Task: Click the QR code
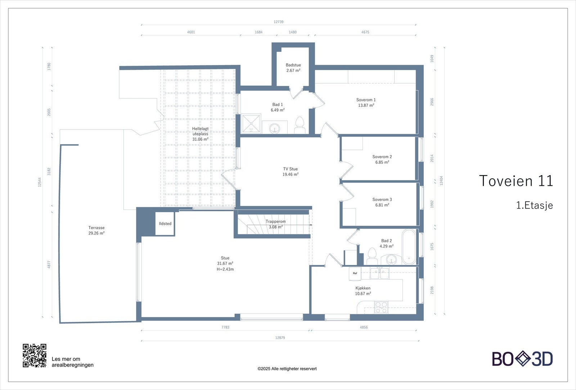(35, 355)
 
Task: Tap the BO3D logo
(522, 359)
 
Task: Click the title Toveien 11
(516, 181)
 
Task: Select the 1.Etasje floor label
(534, 205)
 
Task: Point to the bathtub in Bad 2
(409, 247)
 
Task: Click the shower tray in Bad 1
(251, 124)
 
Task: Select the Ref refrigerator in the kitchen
(355, 274)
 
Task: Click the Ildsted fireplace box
(165, 224)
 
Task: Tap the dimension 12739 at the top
(278, 22)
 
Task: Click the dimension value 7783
(225, 327)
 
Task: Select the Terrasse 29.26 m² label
(96, 230)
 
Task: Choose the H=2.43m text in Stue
(225, 269)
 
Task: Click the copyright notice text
(287, 369)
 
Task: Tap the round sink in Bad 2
(391, 260)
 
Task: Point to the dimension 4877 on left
(49, 265)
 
